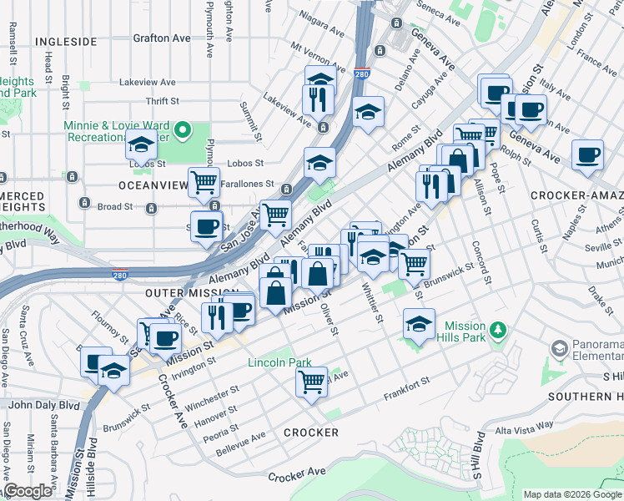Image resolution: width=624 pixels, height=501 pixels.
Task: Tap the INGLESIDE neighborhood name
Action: [x=67, y=40]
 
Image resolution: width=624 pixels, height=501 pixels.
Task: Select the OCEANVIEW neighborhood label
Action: [x=153, y=185]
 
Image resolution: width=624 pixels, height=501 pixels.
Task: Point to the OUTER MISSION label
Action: [x=181, y=293]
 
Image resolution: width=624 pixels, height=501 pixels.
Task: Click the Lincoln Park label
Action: [x=279, y=363]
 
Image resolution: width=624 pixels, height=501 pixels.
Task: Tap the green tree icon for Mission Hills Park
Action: [x=499, y=330]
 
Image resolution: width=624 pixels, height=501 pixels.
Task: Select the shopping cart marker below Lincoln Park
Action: [x=312, y=382]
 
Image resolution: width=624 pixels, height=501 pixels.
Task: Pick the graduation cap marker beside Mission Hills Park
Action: [x=419, y=322]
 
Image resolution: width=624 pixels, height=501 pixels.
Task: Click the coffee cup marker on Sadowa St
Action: [x=206, y=225]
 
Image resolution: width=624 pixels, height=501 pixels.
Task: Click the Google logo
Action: [x=28, y=491]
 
